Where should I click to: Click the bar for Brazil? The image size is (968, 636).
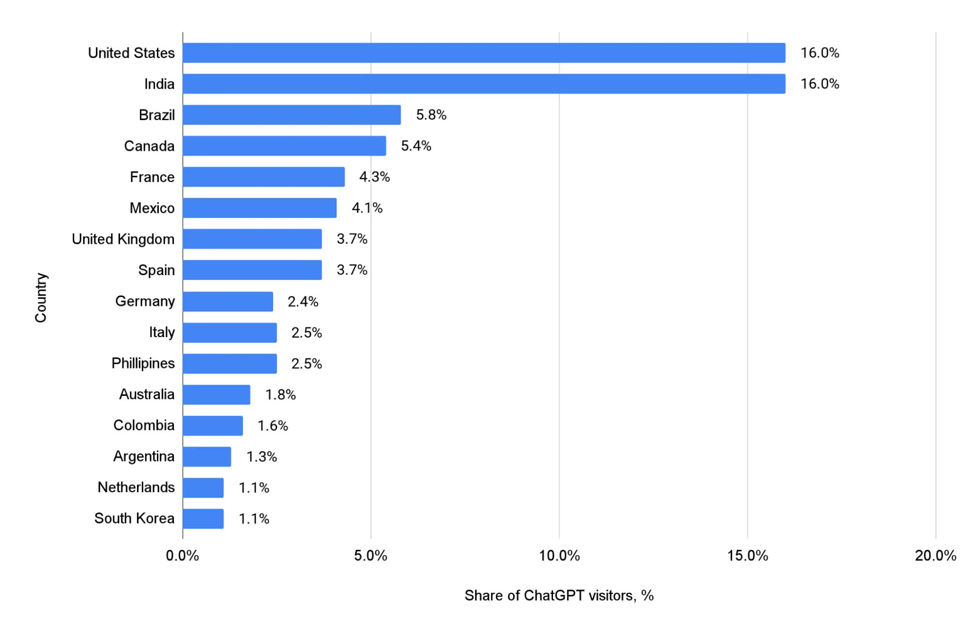tap(292, 115)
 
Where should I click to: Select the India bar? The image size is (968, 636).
tap(484, 84)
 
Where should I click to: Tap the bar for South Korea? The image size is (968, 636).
tap(203, 518)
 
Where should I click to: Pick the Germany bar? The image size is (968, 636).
tap(228, 301)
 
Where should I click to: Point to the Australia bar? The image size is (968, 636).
tap(216, 394)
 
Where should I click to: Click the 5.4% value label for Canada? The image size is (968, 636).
tap(416, 146)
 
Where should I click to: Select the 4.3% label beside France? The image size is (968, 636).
tap(374, 177)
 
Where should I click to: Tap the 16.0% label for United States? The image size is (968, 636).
tap(819, 53)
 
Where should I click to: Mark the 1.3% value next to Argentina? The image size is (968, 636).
tap(261, 456)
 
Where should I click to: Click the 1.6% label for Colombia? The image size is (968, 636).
tap(273, 425)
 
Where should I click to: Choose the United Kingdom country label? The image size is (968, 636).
tap(123, 239)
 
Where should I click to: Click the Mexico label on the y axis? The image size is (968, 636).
tap(152, 208)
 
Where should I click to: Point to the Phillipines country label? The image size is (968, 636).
tap(143, 363)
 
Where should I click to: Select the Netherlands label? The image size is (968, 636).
tap(136, 487)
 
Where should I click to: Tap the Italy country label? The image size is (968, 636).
tap(162, 332)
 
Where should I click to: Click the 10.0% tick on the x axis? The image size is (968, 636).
tap(559, 556)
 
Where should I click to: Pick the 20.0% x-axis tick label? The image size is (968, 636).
tap(935, 556)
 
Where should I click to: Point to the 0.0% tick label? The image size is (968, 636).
tap(183, 556)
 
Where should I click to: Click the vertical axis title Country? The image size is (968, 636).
tap(41, 297)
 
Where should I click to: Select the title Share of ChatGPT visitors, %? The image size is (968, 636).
tap(559, 595)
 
